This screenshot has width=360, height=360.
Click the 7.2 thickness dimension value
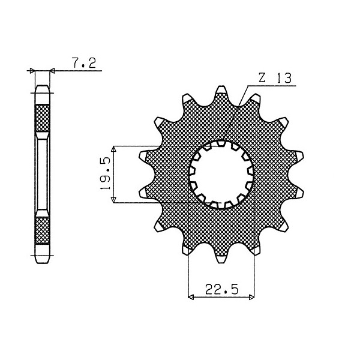click(84, 62)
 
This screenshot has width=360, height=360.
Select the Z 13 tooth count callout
click(275, 78)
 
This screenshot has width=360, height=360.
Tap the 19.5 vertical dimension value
click(106, 173)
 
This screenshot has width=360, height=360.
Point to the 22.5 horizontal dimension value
click(221, 289)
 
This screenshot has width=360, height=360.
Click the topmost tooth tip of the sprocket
click(221, 88)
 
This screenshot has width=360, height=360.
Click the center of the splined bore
click(221, 175)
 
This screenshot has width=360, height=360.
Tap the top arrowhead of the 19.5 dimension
click(113, 149)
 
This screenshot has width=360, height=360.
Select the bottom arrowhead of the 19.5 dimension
click(113, 199)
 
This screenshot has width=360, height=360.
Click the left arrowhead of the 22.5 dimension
click(191, 298)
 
